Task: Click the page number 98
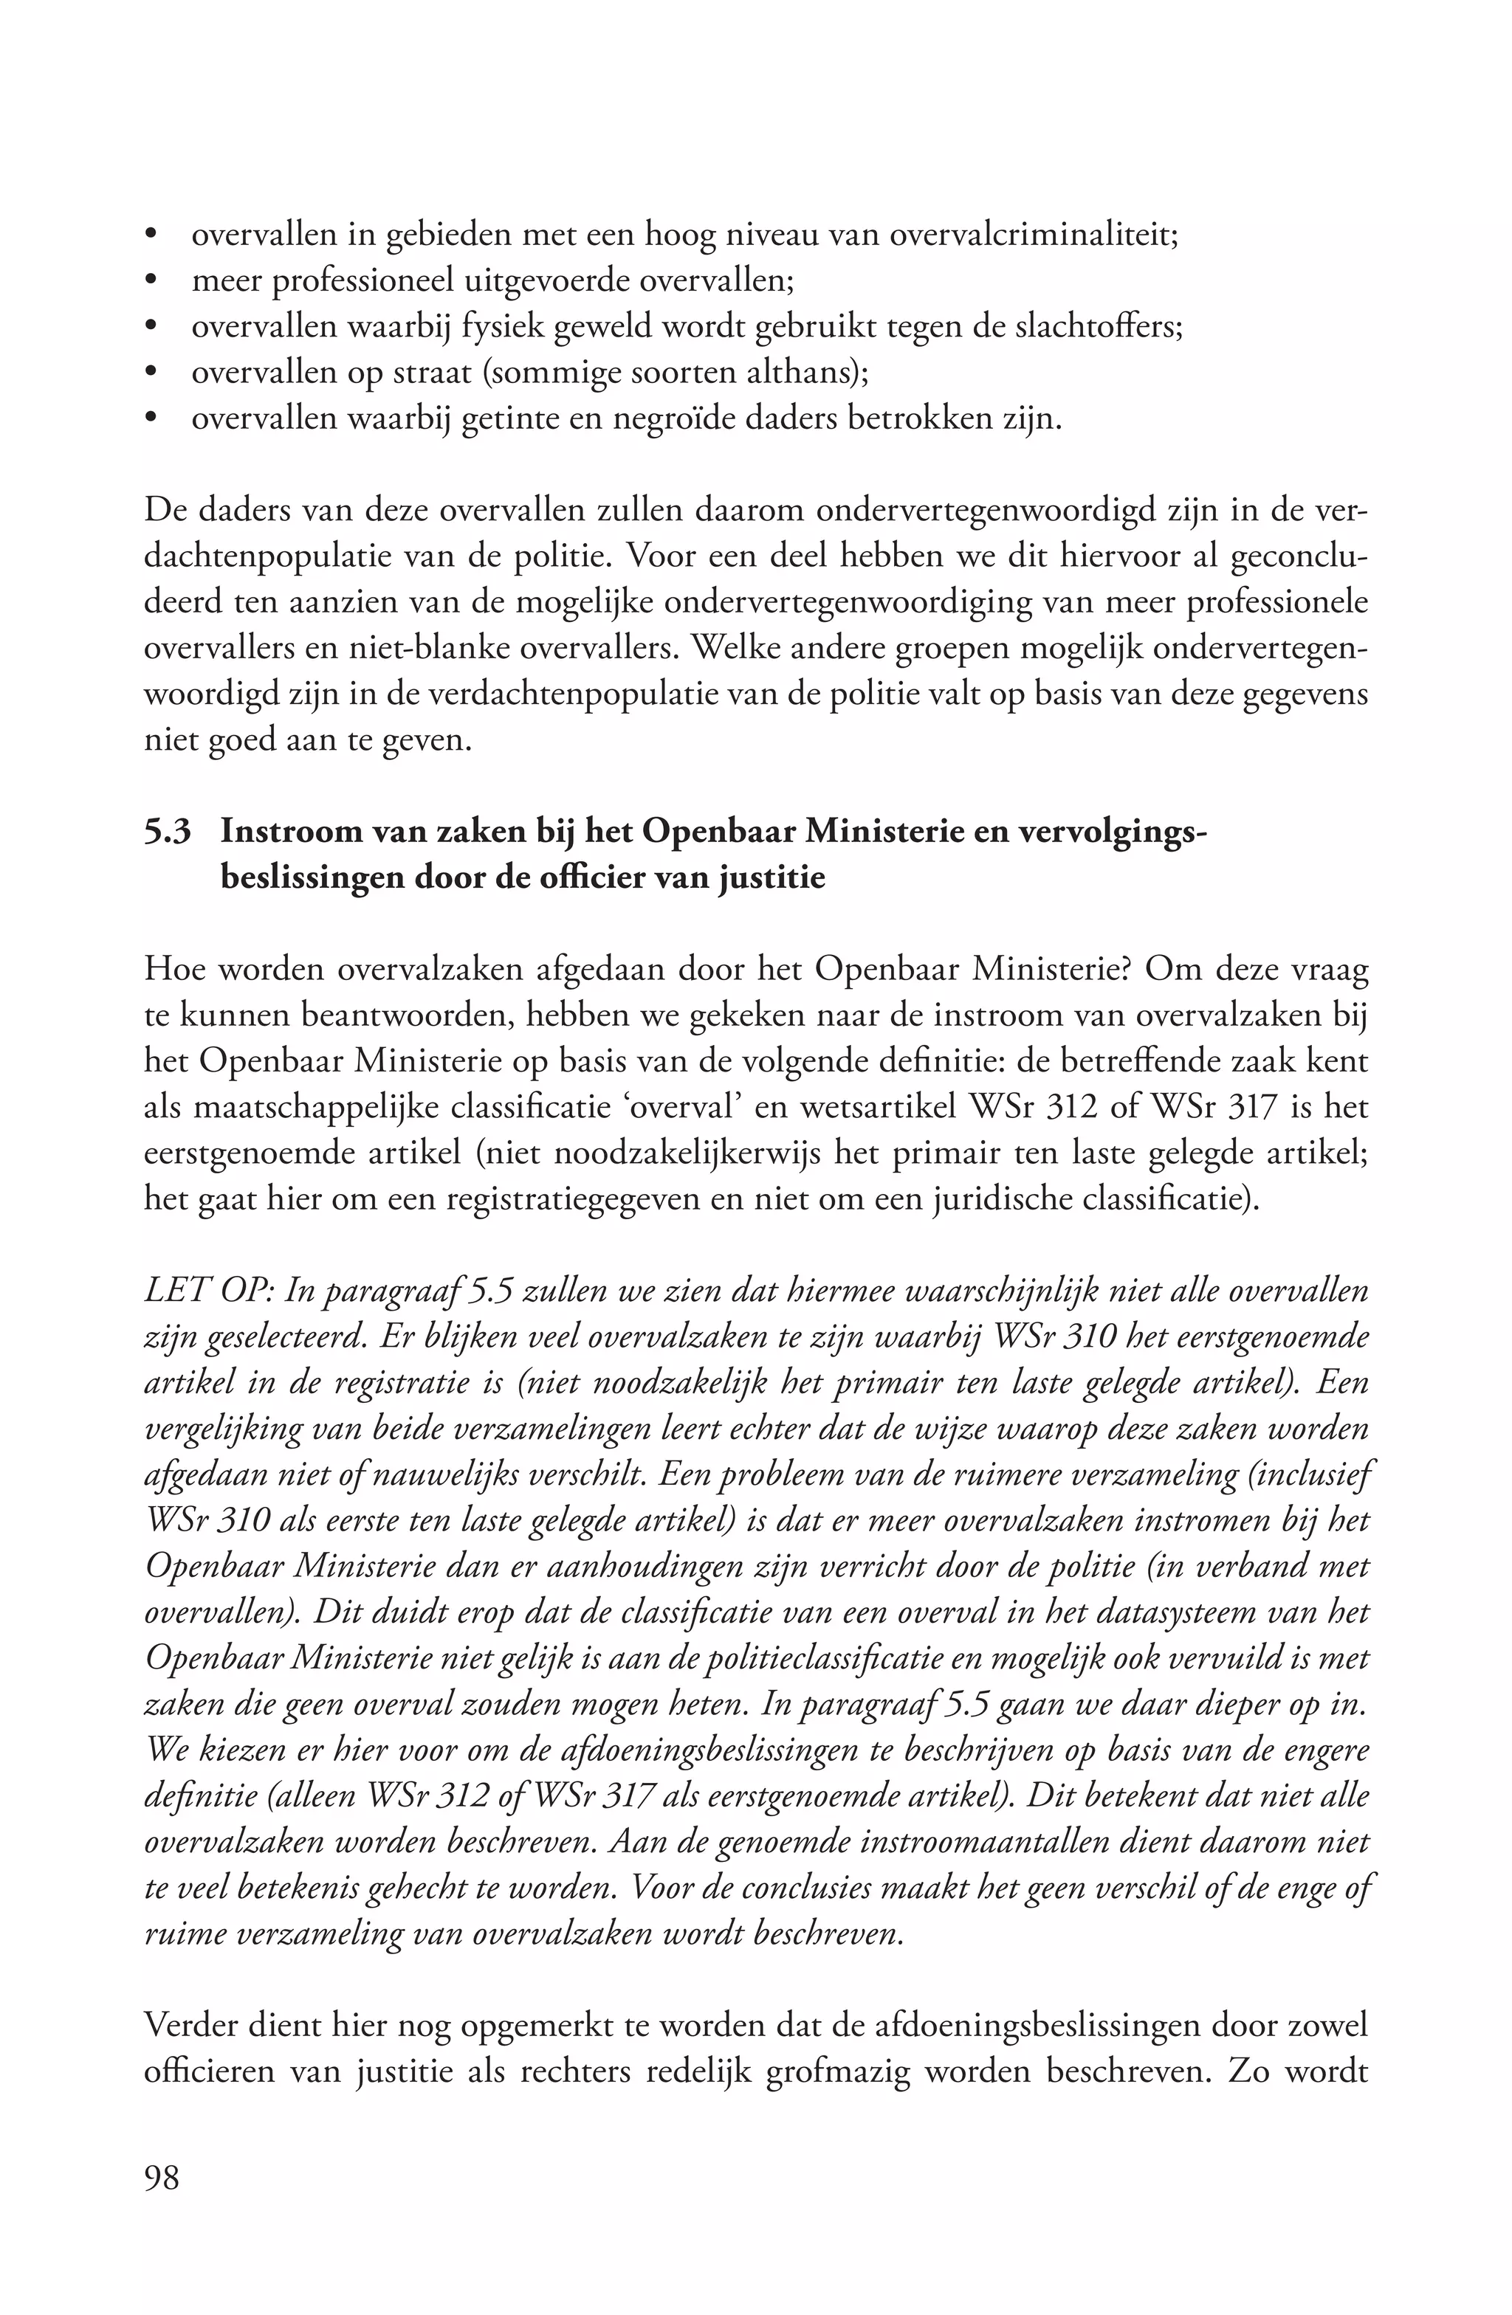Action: [162, 2177]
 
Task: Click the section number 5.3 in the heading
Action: [168, 832]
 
